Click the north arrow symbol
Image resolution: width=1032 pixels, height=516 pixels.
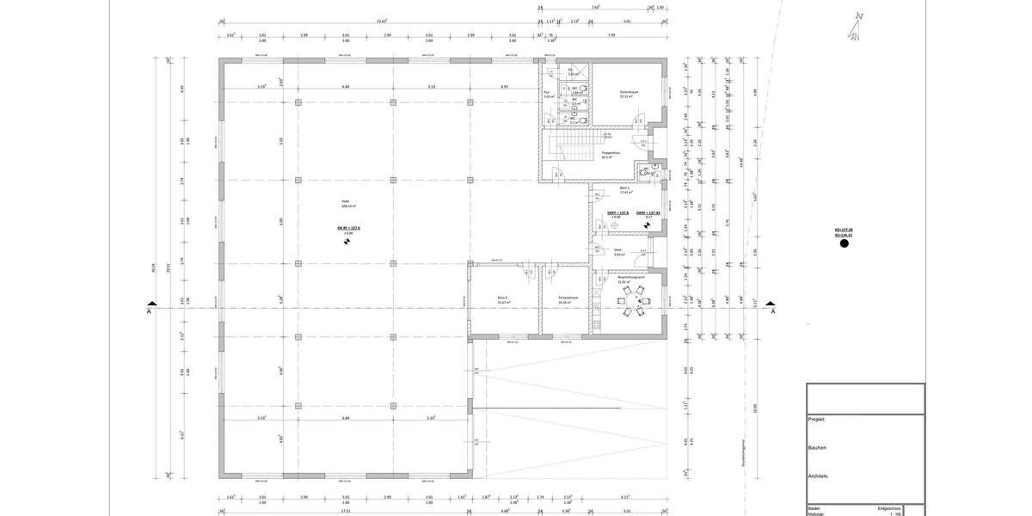click(856, 26)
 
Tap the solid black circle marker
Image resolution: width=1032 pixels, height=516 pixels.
click(844, 244)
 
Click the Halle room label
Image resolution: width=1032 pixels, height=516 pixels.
click(345, 203)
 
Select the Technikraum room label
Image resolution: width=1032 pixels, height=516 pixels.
click(628, 92)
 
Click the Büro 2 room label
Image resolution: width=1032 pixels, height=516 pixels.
click(502, 298)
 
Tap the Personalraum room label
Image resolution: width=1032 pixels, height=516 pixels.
click(567, 298)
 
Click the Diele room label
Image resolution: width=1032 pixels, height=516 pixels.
click(617, 250)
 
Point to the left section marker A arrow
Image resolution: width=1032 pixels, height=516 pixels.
click(151, 306)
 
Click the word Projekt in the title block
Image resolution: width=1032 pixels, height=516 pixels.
click(817, 420)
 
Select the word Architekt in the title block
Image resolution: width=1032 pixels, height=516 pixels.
click(818, 476)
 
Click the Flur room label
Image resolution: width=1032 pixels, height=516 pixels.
click(547, 94)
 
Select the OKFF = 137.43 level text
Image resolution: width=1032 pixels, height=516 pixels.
click(648, 212)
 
